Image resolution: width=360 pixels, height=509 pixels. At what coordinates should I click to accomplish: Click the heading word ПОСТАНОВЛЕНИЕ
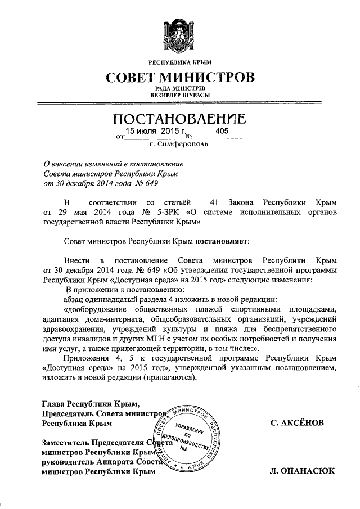point(180,119)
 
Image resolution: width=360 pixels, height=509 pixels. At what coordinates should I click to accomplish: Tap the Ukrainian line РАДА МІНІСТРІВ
point(180,89)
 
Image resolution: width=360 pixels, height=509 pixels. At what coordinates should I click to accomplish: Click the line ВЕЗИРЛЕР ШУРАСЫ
point(180,96)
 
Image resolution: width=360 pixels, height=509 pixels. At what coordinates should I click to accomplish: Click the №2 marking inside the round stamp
point(183,448)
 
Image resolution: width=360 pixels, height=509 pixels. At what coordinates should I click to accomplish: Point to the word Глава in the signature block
point(55,403)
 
